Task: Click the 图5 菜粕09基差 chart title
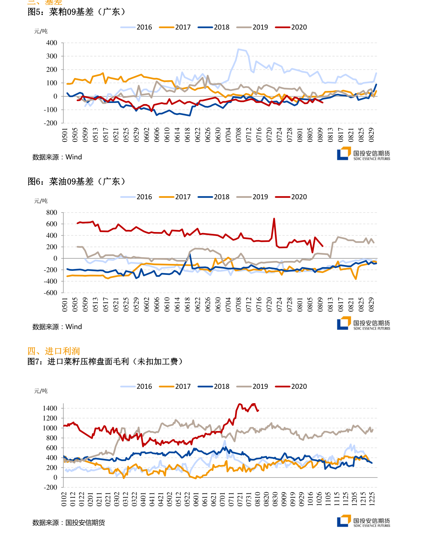77,12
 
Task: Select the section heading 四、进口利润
53,351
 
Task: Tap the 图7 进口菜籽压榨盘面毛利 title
105,362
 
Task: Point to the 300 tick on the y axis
52,56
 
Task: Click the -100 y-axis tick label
51,110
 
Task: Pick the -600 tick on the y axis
51,292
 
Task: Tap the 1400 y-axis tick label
50,408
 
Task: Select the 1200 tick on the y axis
50,418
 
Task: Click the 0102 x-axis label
64,499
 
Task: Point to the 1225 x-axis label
372,499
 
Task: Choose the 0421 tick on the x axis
161,499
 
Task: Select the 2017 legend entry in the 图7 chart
175,386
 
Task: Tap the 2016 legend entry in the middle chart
136,197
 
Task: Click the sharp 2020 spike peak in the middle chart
274,219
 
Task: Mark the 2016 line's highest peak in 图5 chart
238,49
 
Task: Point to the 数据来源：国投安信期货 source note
68,523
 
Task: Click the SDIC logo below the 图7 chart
363,521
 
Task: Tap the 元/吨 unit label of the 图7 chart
41,391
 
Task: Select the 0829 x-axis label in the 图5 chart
371,135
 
